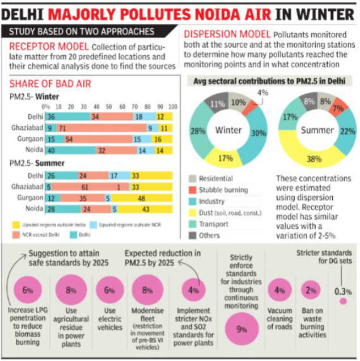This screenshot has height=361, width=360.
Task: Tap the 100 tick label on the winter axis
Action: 173,107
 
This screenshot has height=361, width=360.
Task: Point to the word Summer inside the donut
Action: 317,130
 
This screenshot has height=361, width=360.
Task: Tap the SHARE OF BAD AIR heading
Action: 50,84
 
